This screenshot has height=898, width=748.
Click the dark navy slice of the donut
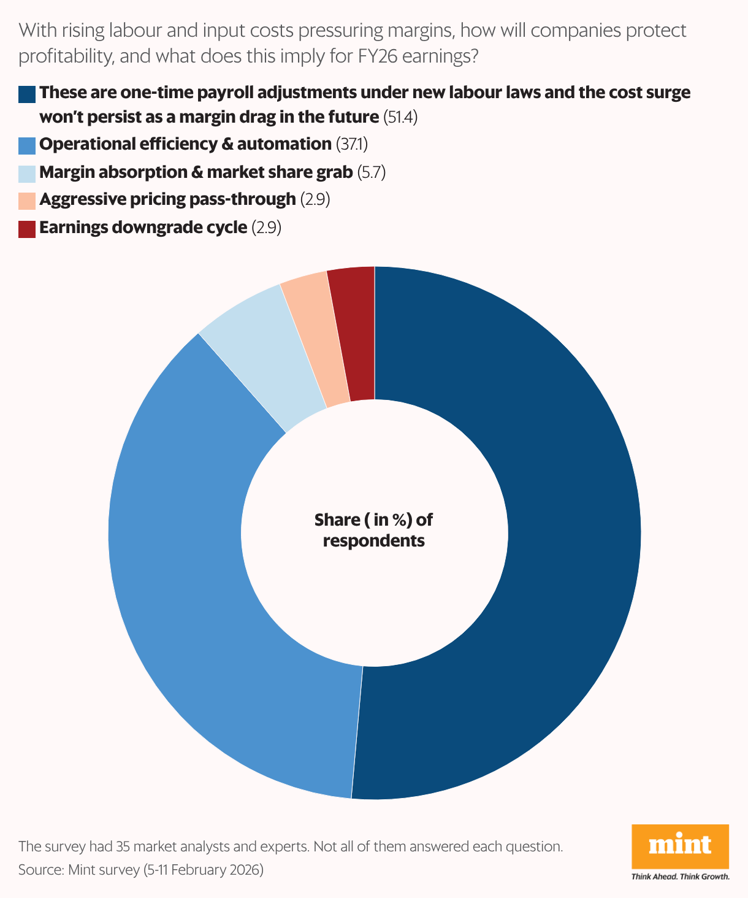pyautogui.click(x=570, y=534)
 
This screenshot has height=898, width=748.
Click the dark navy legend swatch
pyautogui.click(x=27, y=94)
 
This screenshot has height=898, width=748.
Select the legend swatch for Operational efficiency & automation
pyautogui.click(x=27, y=145)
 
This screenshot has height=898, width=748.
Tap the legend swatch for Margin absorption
pyautogui.click(x=27, y=174)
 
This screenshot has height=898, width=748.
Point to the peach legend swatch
pyautogui.click(x=27, y=201)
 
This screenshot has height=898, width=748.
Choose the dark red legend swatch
pyautogui.click(x=27, y=229)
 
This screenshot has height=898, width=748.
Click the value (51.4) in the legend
pyautogui.click(x=400, y=117)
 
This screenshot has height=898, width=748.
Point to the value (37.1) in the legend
pyautogui.click(x=352, y=145)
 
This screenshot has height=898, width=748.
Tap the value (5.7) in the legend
pyautogui.click(x=372, y=173)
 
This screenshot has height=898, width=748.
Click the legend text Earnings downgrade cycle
pyautogui.click(x=143, y=228)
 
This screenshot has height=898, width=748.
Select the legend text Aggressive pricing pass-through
pyautogui.click(x=167, y=200)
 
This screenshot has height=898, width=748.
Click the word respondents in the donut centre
pyautogui.click(x=373, y=541)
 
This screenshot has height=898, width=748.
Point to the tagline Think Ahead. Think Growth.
pyautogui.click(x=680, y=877)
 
